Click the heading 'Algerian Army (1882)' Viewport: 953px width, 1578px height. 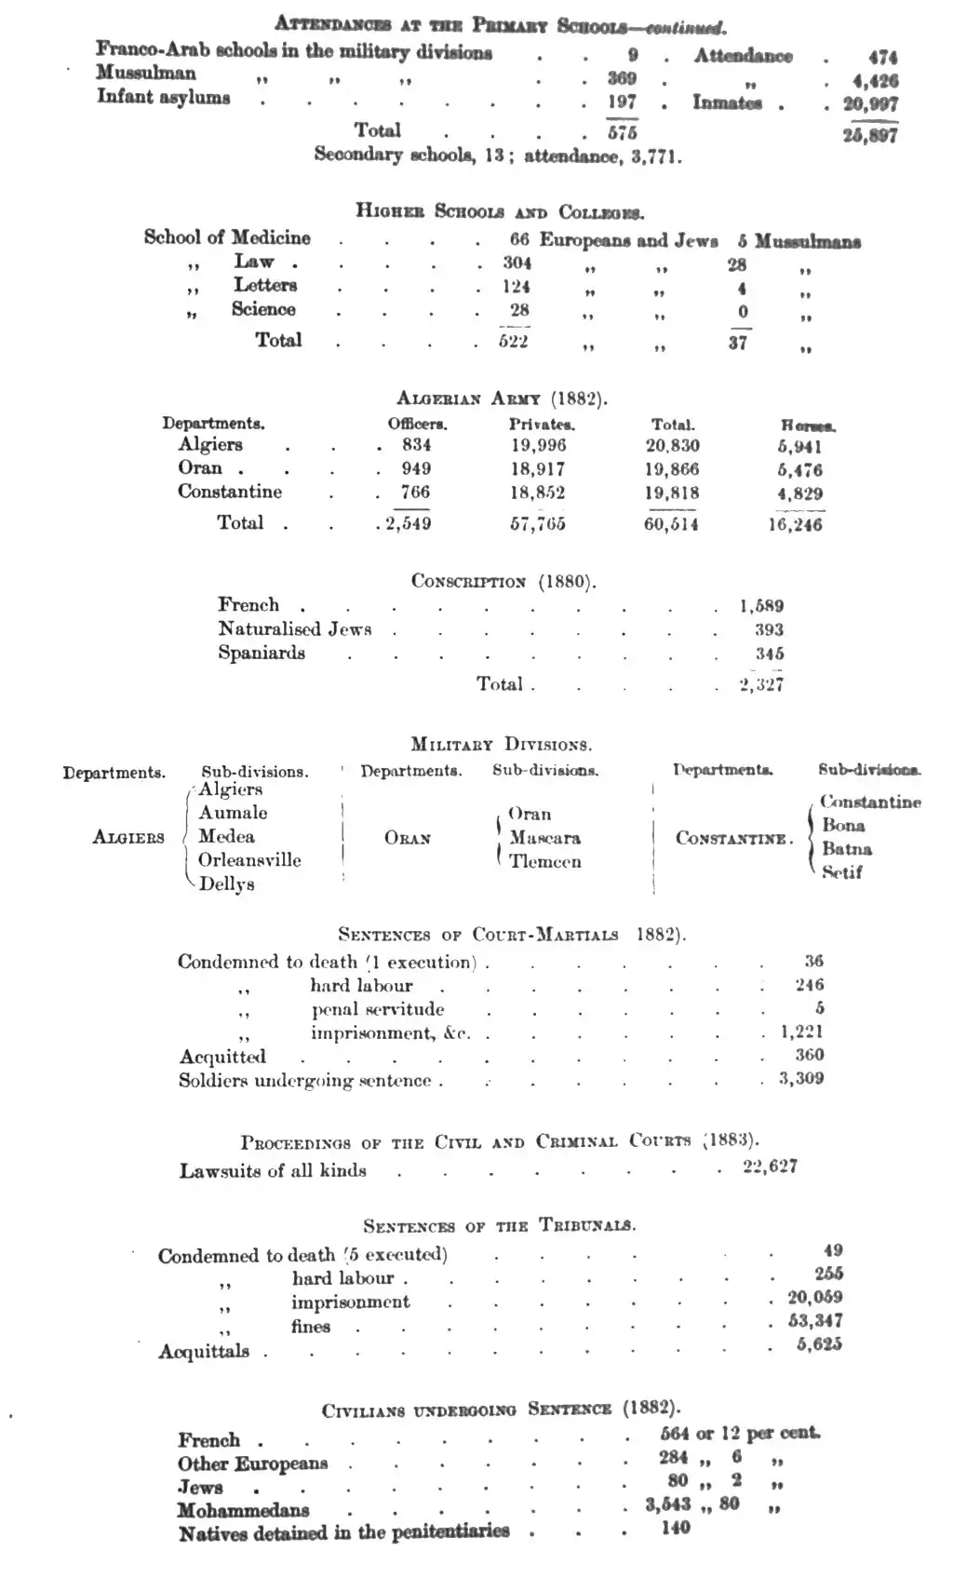(x=502, y=398)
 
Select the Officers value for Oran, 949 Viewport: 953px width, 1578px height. (x=416, y=468)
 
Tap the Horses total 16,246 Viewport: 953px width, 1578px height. (x=796, y=524)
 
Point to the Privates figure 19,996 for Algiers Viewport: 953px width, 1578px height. (x=537, y=446)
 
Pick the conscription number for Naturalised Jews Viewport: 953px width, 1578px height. (x=769, y=629)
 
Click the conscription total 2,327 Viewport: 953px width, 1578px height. (x=760, y=684)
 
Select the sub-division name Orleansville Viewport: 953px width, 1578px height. (x=249, y=860)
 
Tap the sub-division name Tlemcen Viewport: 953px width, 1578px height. (x=545, y=861)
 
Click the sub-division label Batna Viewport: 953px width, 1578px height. (x=847, y=848)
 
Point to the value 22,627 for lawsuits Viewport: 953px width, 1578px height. (x=770, y=1167)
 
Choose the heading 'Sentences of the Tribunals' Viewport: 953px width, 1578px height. (x=500, y=1225)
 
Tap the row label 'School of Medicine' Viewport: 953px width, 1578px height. (x=227, y=237)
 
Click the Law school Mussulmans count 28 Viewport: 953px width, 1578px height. (x=737, y=264)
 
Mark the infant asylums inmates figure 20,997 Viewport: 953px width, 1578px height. (x=870, y=104)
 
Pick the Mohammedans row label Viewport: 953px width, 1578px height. (x=244, y=1509)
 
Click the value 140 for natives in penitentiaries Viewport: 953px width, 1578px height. (x=676, y=1527)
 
